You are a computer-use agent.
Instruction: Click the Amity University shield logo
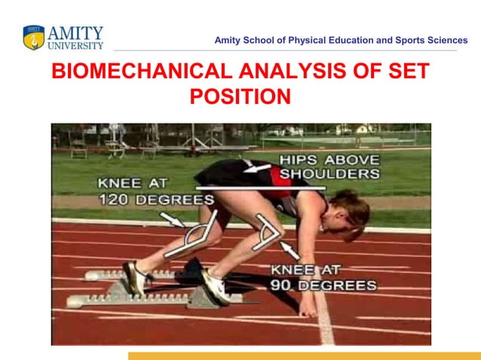(x=34, y=38)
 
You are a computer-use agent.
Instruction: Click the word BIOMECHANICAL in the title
(x=140, y=72)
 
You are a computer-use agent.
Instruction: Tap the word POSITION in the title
(x=240, y=98)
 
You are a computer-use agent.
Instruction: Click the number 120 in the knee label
(x=118, y=200)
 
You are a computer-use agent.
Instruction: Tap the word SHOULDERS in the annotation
(x=329, y=174)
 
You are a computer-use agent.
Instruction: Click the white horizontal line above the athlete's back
(x=260, y=188)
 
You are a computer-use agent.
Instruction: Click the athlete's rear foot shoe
(x=136, y=278)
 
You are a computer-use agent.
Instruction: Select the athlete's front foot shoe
(x=216, y=286)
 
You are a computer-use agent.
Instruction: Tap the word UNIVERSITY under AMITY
(x=76, y=46)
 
